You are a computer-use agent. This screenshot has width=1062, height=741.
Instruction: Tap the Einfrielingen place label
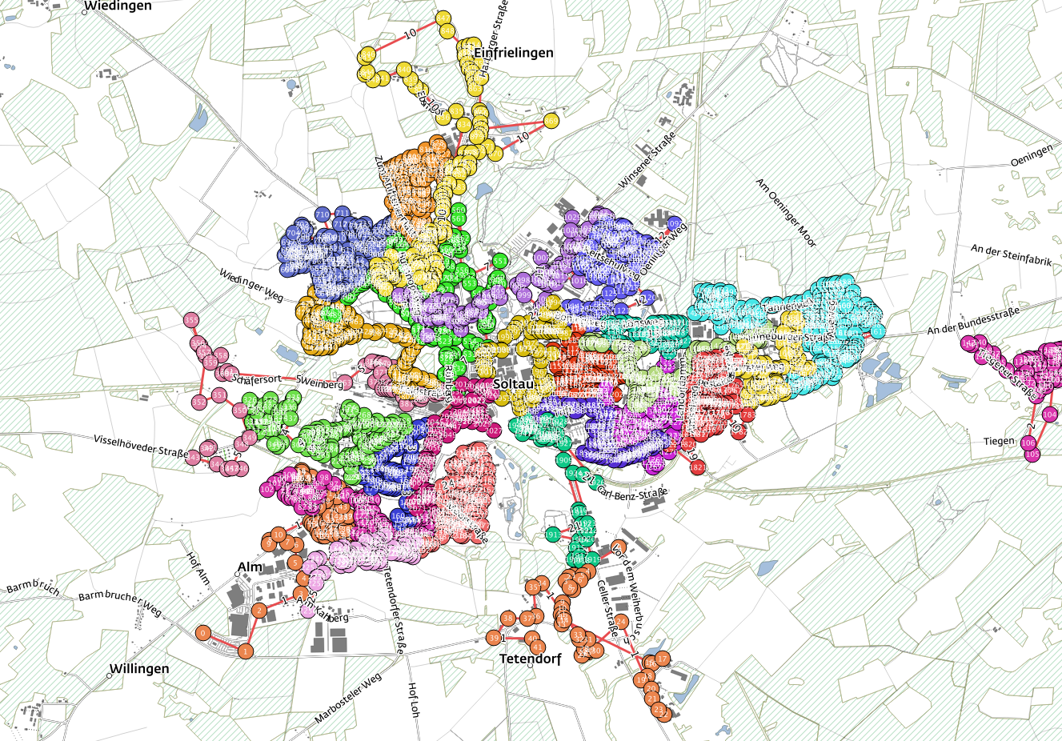pyautogui.click(x=513, y=53)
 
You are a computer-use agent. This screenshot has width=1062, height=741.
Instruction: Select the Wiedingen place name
pyautogui.click(x=118, y=6)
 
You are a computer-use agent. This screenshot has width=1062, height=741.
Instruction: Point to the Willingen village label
pyautogui.click(x=139, y=669)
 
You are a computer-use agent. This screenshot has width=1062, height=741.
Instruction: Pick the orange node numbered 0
pyautogui.click(x=204, y=633)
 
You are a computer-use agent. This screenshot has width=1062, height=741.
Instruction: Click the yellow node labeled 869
pyautogui.click(x=551, y=121)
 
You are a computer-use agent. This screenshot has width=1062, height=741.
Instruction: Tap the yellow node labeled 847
pyautogui.click(x=443, y=18)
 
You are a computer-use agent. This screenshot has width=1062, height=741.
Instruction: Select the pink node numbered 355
pyautogui.click(x=191, y=320)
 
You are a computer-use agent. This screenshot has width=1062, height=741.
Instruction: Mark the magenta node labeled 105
pyautogui.click(x=1032, y=454)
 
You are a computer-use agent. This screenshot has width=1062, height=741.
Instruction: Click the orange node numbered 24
pyautogui.click(x=621, y=621)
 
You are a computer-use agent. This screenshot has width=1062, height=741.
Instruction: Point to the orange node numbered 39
pyautogui.click(x=494, y=638)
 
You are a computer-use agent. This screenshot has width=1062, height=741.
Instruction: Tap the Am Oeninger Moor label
pyautogui.click(x=786, y=212)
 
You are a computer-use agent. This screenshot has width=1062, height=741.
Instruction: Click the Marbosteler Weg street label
pyautogui.click(x=349, y=699)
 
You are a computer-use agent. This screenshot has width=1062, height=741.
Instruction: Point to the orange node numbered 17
pyautogui.click(x=663, y=659)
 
